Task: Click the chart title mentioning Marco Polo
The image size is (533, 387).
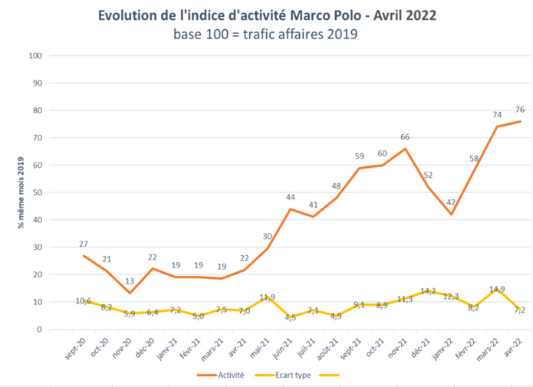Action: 266,15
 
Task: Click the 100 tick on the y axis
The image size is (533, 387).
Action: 34,56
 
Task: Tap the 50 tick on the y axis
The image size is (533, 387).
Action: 36,192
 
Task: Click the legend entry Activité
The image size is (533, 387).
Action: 228,376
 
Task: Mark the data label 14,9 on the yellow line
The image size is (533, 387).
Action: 495,290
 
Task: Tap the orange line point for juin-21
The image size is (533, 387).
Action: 290,208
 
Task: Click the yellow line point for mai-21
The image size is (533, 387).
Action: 267,297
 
